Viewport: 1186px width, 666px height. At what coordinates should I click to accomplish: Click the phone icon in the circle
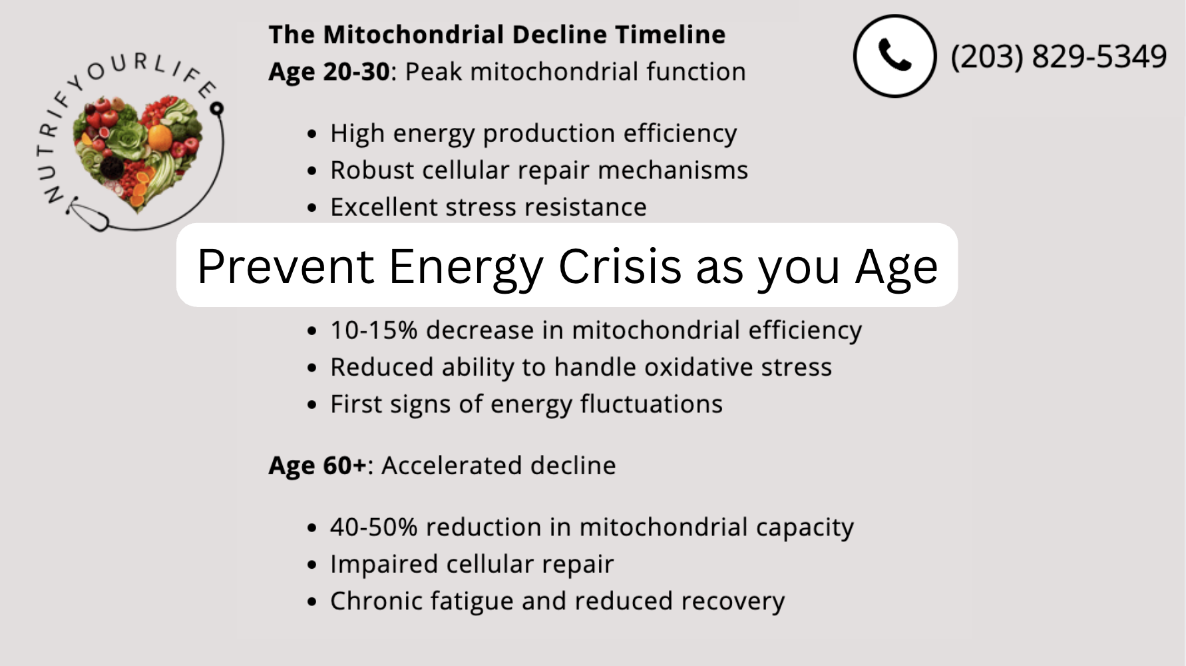(894, 56)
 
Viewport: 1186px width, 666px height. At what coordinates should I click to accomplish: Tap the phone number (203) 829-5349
(1058, 56)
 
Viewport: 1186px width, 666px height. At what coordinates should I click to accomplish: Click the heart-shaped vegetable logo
(138, 153)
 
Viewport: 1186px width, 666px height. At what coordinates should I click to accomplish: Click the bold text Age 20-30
(329, 72)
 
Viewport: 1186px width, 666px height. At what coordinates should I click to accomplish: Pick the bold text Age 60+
(317, 466)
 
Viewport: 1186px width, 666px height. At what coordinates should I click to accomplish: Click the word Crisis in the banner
(620, 266)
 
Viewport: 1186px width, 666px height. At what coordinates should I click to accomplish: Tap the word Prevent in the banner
(286, 266)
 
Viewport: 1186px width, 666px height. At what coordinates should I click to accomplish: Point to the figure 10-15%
(373, 330)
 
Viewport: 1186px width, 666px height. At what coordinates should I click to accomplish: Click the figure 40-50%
(373, 527)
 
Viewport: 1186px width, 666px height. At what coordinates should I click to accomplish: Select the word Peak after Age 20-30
(433, 72)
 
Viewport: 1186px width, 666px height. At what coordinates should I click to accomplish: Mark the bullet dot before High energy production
(312, 135)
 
